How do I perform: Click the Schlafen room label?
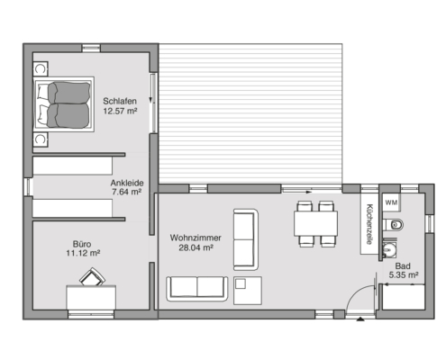tap(120, 101)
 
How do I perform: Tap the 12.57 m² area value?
tap(120, 111)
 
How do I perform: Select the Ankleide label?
tap(127, 183)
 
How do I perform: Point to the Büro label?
tap(82, 244)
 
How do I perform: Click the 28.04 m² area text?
tap(196, 247)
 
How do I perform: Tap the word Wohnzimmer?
tap(196, 238)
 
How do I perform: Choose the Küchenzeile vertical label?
tap(369, 224)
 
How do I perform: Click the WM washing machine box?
tap(391, 202)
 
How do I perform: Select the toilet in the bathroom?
tap(394, 225)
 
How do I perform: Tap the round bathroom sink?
tap(390, 249)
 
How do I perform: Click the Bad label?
tap(403, 265)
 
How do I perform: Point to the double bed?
tap(64, 104)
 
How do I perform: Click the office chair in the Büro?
tap(92, 277)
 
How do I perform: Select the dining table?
tap(315, 223)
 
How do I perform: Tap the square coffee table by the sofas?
tap(248, 291)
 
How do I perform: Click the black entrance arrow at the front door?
tap(360, 319)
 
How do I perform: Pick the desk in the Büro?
tap(91, 297)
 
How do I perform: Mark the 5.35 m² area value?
tap(404, 274)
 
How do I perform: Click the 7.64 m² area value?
tap(126, 192)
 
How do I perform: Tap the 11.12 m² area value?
tap(83, 253)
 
